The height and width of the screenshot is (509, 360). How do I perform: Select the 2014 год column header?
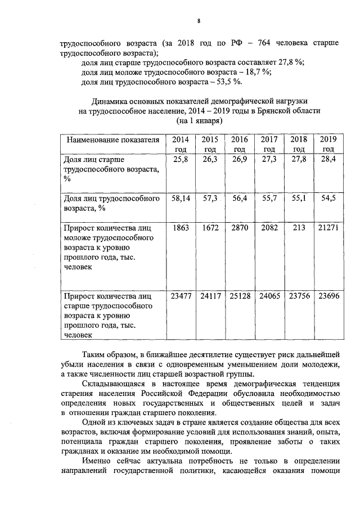(x=180, y=145)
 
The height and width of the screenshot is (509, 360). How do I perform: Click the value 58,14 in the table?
(x=180, y=199)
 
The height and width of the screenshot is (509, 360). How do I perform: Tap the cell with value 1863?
(x=180, y=229)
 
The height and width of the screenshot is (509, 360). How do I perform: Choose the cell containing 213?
(x=299, y=229)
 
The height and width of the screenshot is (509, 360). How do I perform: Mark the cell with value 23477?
(x=180, y=295)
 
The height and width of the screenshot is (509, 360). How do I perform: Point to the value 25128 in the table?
(x=239, y=295)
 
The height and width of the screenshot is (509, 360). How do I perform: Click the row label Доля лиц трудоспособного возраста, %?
(x=110, y=203)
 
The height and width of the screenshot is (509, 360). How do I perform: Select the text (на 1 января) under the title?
(x=200, y=121)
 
